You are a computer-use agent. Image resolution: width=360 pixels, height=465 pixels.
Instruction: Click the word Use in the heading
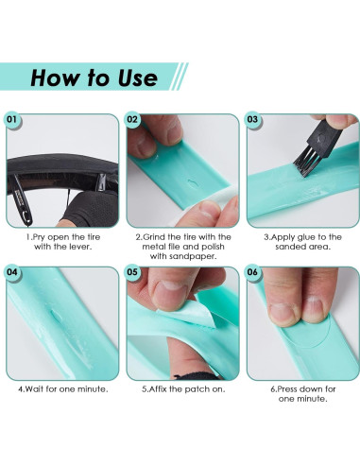click(x=138, y=77)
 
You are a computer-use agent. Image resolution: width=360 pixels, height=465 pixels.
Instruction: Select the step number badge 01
click(x=12, y=119)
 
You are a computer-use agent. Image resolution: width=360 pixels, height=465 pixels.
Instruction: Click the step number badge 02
click(x=132, y=119)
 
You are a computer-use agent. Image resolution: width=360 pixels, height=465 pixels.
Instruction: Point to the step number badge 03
click(x=252, y=119)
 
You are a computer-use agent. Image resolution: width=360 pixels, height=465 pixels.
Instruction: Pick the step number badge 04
click(x=12, y=272)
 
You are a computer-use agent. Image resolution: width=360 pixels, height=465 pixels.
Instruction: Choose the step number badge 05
click(x=132, y=272)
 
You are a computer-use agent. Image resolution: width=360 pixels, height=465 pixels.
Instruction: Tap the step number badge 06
click(x=252, y=272)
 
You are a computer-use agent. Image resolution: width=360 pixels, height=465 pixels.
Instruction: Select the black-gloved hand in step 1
click(x=90, y=209)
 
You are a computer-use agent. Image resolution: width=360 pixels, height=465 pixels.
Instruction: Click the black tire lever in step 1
click(x=22, y=201)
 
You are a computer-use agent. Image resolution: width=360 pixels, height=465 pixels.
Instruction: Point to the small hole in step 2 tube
click(x=192, y=182)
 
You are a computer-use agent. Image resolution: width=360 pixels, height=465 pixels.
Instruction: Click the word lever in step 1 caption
click(x=81, y=247)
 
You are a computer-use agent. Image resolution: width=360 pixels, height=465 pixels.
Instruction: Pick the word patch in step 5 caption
click(x=198, y=389)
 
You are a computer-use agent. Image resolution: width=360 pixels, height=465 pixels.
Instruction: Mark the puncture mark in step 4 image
click(x=56, y=317)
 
